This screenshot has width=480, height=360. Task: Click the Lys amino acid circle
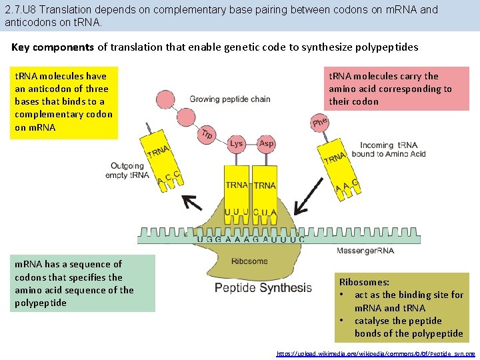coord(236,143)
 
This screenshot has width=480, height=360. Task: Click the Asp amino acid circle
coord(266,143)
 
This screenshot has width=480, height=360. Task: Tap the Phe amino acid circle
coord(320,122)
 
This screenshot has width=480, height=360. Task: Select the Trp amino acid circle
coord(207,134)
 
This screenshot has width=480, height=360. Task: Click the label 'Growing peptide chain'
coord(229,99)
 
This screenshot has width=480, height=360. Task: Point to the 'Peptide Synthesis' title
coord(263,288)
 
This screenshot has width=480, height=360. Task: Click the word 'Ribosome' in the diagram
coord(249,261)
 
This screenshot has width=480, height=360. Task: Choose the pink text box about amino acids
coord(396,89)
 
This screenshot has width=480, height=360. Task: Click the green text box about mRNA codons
coord(83,283)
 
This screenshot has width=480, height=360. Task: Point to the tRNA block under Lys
coord(237,185)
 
